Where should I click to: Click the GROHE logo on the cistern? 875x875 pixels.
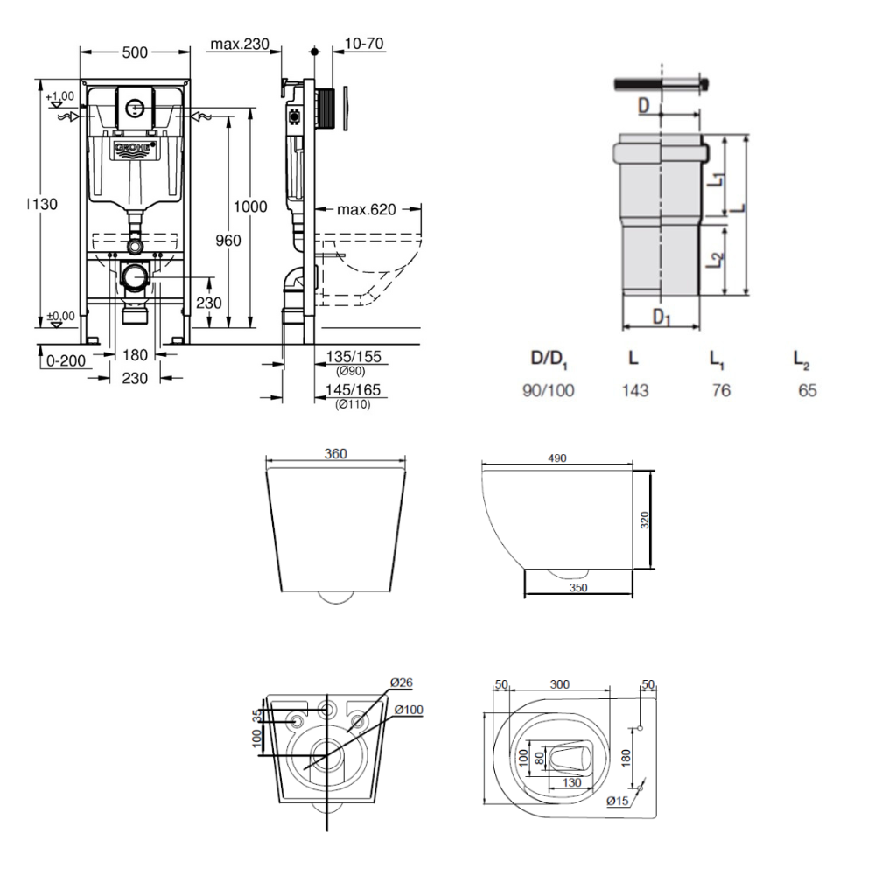coord(134,149)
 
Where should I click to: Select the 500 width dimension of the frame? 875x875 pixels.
coord(134,52)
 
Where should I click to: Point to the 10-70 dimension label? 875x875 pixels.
coord(366,44)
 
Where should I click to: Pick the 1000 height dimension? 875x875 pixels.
coord(250,206)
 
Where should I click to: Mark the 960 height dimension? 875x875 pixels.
coord(228,241)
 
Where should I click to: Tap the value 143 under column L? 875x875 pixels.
coord(635,390)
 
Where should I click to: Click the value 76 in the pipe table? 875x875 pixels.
coord(721,390)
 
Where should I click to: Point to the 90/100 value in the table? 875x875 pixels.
coord(549,390)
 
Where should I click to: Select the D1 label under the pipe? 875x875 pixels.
coord(661,317)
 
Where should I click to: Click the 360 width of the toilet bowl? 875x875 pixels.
coord(335,453)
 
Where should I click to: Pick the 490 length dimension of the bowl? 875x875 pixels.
coord(557,458)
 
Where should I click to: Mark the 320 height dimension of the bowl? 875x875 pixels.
coord(645,521)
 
